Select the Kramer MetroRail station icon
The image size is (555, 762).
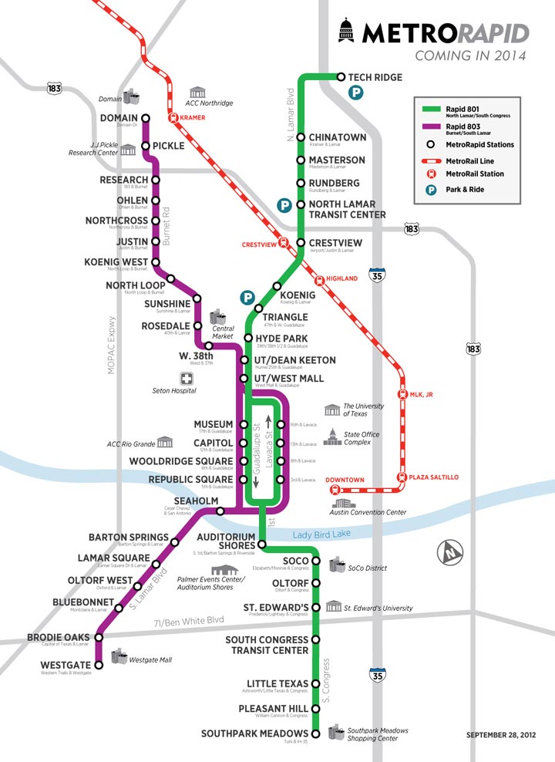pos(173,119)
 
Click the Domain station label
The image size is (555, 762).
pos(119,118)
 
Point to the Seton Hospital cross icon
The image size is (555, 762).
pos(186,378)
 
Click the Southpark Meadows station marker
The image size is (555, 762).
pos(315,733)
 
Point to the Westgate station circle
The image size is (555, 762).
pos(99,665)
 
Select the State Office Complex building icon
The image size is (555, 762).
pos(331,437)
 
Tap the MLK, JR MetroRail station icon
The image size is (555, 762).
pos(402,393)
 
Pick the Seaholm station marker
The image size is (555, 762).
pos(220,510)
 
